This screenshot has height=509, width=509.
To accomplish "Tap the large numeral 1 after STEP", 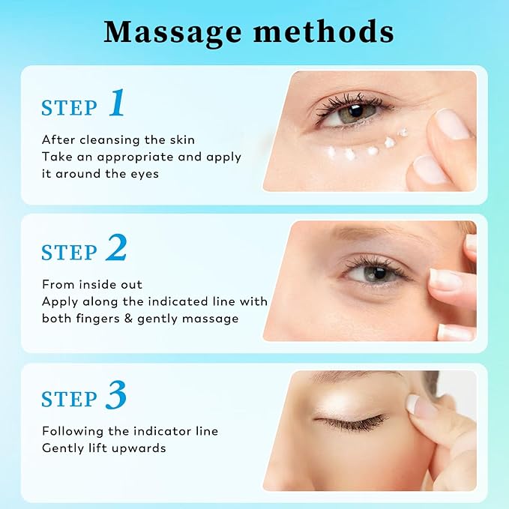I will [x=117, y=103].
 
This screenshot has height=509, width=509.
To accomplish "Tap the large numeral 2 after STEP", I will [x=116, y=250].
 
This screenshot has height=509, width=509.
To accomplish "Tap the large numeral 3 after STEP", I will [x=116, y=397].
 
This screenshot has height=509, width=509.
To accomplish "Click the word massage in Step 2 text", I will [x=212, y=319].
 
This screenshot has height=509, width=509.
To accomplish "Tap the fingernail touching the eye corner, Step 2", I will [x=445, y=280].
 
